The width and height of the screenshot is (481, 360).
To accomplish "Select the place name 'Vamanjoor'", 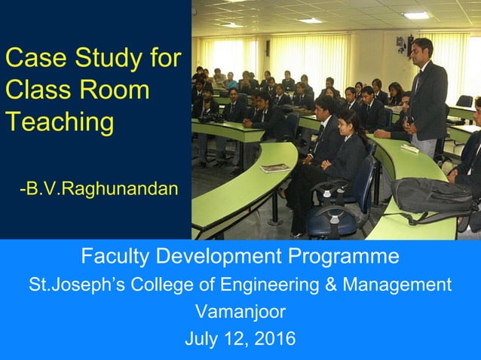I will click(240, 311).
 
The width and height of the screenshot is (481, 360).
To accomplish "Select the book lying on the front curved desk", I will click(274, 168).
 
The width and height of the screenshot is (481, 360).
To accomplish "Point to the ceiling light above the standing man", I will click(416, 15).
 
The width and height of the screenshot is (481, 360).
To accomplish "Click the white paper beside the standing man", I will click(409, 148).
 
